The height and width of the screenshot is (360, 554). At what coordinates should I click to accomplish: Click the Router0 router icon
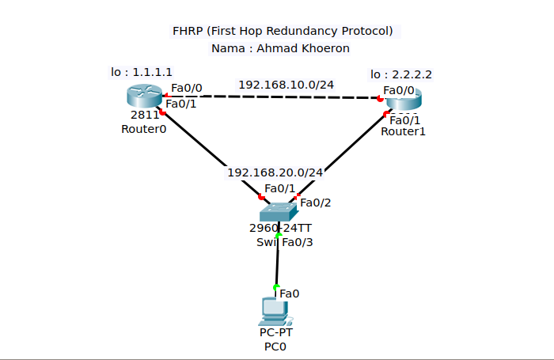click(x=143, y=97)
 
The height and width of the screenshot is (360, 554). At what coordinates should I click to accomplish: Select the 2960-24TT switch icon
click(x=279, y=210)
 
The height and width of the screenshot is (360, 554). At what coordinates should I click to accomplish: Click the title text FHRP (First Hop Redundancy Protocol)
click(x=283, y=32)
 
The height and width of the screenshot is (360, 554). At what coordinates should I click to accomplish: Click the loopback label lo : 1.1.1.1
click(x=142, y=72)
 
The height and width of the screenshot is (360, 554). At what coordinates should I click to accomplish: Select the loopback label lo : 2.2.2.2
click(x=401, y=74)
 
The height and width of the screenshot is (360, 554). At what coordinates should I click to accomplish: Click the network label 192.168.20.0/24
click(x=275, y=172)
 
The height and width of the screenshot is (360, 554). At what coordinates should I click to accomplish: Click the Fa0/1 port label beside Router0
click(x=181, y=104)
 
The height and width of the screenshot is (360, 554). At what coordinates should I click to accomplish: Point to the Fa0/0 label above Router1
click(x=399, y=89)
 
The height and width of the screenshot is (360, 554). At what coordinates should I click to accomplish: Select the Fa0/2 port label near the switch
click(x=315, y=203)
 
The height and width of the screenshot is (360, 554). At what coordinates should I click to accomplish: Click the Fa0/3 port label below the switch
click(x=298, y=242)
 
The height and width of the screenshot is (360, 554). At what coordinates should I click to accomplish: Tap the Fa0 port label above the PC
click(x=290, y=294)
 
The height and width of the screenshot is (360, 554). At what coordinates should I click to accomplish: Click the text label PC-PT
click(x=275, y=332)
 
